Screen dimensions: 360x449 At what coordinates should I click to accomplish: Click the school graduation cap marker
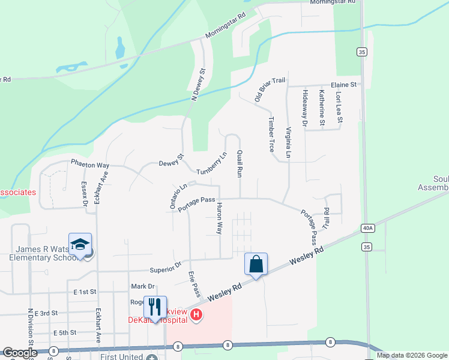click(80, 244)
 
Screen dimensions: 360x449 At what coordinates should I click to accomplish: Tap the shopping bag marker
click(256, 263)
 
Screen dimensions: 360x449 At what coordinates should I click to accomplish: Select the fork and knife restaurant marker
click(155, 307)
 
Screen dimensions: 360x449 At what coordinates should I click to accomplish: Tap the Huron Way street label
click(220, 217)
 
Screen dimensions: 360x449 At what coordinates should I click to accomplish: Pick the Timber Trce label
click(271, 134)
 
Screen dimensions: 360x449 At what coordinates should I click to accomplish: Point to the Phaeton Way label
click(90, 164)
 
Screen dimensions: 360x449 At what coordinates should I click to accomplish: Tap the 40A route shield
click(368, 228)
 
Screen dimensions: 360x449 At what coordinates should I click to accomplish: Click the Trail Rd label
click(327, 218)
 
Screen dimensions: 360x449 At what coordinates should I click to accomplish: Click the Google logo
click(19, 353)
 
